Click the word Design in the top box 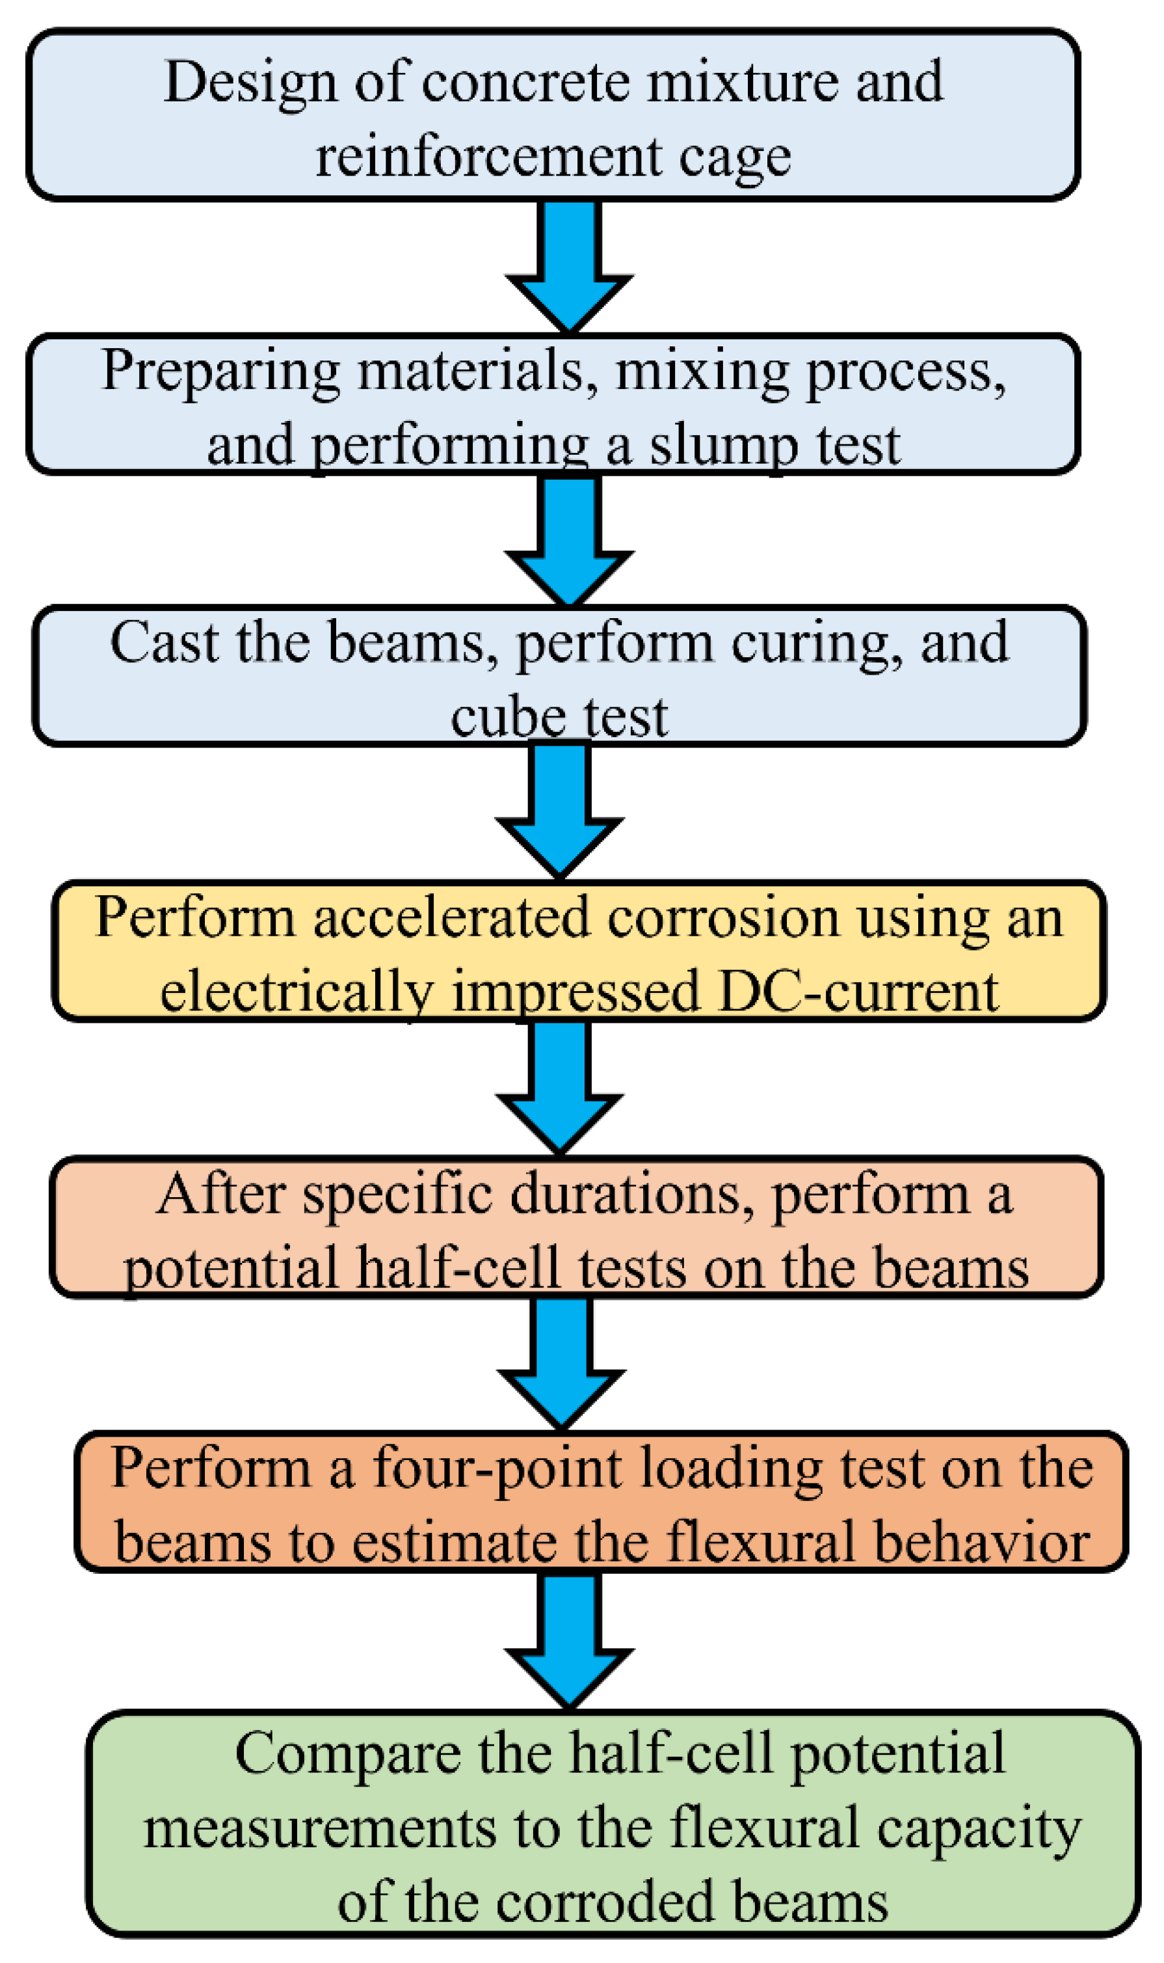click(250, 83)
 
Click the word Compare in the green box click(347, 1753)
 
